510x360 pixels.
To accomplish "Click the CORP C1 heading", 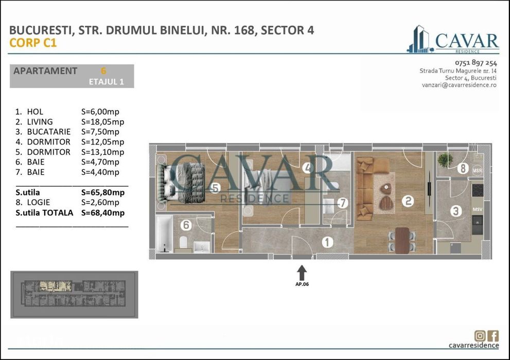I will [33, 43].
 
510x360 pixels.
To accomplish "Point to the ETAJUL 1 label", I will [107, 81].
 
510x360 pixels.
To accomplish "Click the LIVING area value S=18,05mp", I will [102, 122].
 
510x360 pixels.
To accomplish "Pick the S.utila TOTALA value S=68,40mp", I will [102, 212].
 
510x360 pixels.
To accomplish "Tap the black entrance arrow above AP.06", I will [302, 272].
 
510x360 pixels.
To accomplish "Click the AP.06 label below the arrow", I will [302, 284].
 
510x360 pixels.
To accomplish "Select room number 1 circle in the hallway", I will [327, 242].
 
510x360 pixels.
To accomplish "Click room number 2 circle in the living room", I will [408, 202].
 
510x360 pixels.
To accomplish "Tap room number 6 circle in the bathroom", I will [186, 225].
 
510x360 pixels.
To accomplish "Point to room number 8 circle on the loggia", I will [462, 168].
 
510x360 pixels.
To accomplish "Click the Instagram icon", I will [480, 336].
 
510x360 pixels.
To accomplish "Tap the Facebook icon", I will [493, 336].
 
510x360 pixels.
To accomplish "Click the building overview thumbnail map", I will [74, 295].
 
